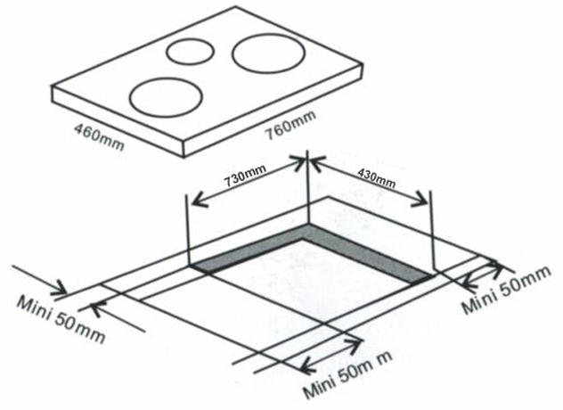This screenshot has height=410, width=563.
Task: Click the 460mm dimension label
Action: [x=99, y=137]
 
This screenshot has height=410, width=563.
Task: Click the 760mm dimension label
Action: [x=290, y=125]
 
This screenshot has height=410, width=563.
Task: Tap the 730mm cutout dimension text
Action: [x=245, y=176]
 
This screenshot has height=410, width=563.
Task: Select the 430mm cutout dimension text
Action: [x=377, y=178]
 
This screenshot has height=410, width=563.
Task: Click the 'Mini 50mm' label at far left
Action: [x=61, y=318]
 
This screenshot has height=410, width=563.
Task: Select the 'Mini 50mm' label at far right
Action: [x=506, y=290]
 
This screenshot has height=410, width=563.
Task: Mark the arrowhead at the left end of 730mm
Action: [x=194, y=204]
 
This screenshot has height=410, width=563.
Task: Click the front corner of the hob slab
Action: [x=184, y=157]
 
